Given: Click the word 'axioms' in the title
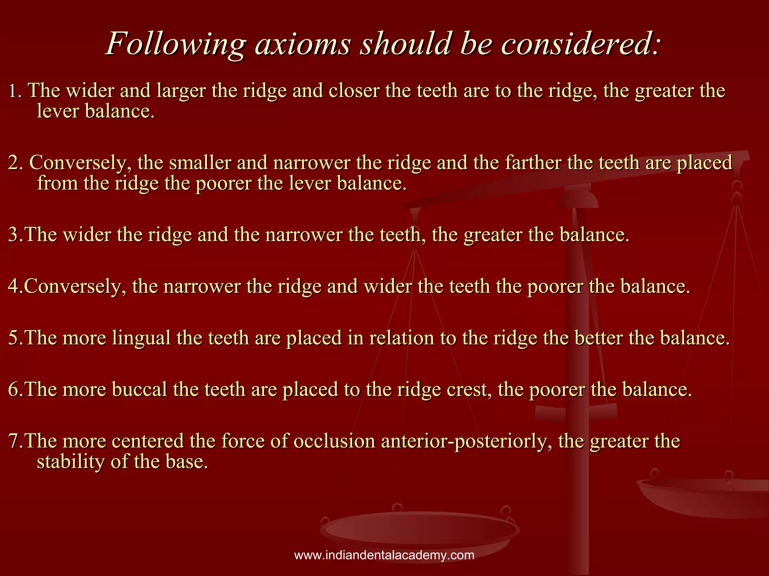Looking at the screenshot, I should click(x=303, y=44).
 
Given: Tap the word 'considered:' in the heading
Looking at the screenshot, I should click(x=580, y=44).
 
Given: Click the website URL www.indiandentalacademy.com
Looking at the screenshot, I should click(x=384, y=555).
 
